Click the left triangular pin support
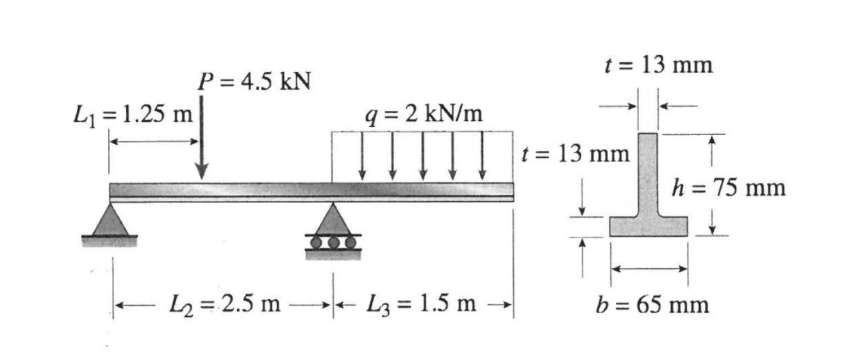(x=110, y=220)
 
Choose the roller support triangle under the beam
(x=333, y=220)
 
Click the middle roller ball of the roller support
(x=333, y=242)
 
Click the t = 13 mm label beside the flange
(x=575, y=154)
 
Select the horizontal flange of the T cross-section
(x=648, y=226)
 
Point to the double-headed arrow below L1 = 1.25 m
(x=154, y=141)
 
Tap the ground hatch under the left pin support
(x=110, y=241)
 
